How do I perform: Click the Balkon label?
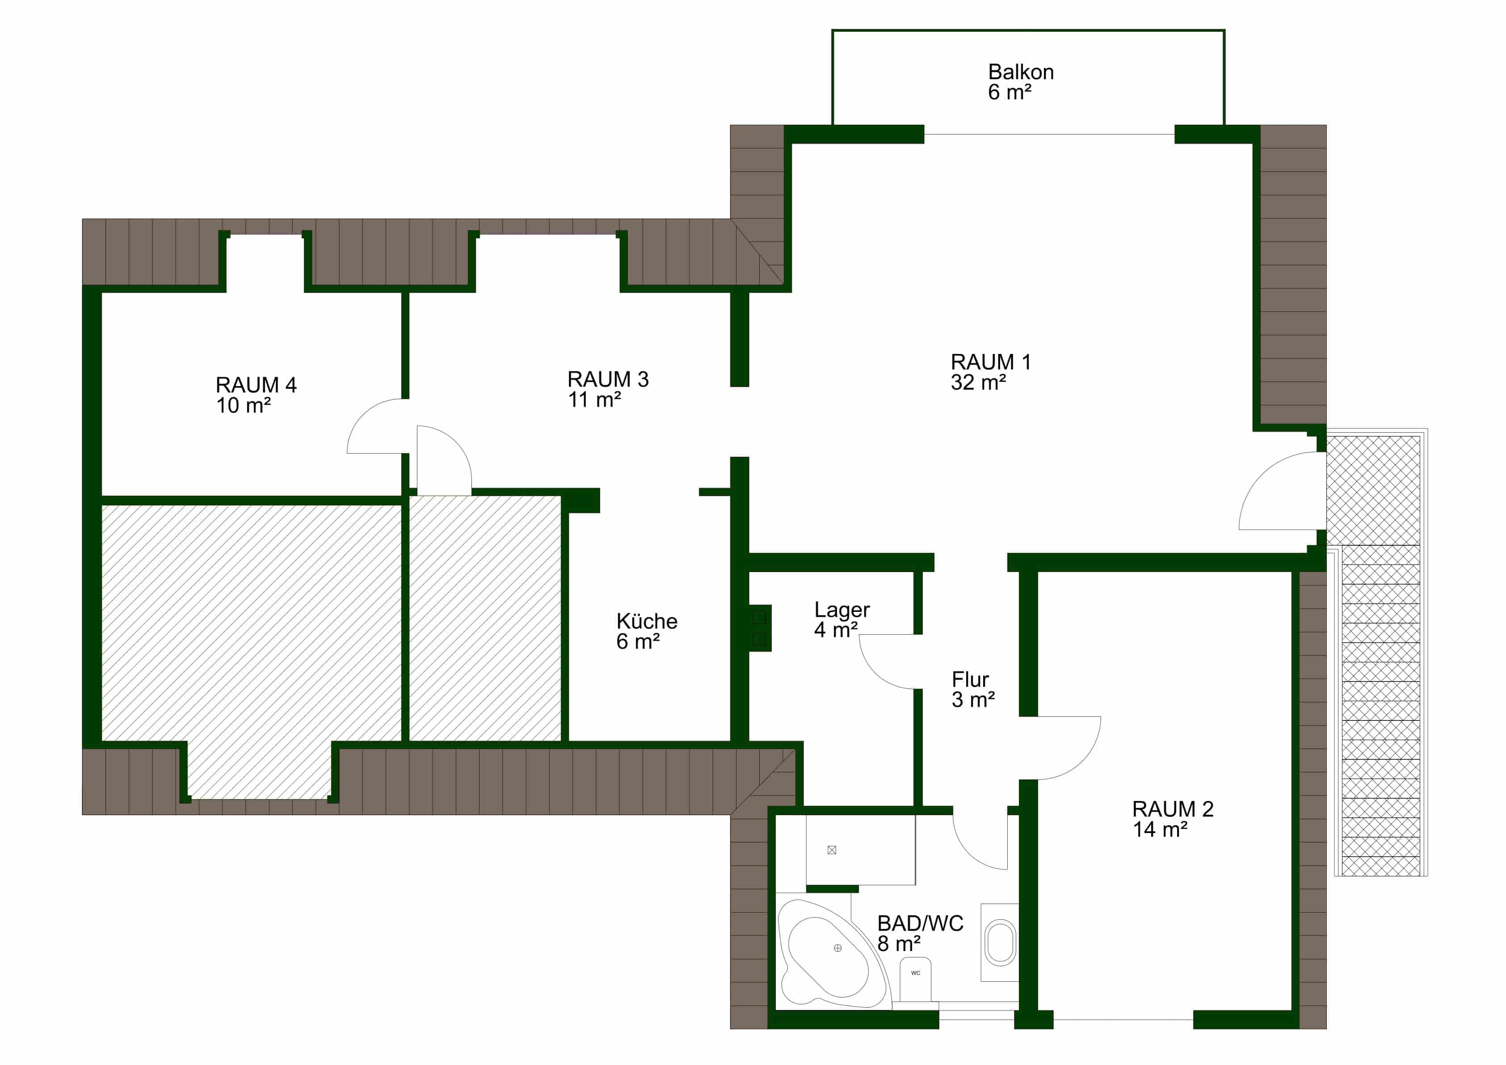(x=1021, y=72)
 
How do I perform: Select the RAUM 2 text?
(x=1172, y=809)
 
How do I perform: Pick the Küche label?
(x=647, y=621)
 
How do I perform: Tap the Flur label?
(x=970, y=679)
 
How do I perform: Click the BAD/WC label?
(x=920, y=923)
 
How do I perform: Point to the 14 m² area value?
(x=1160, y=829)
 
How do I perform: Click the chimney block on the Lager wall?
(x=760, y=627)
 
